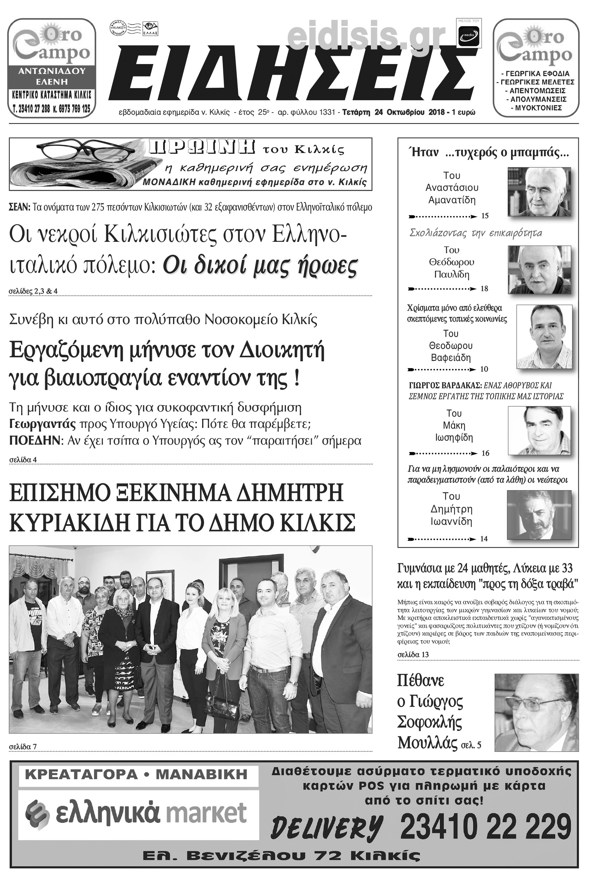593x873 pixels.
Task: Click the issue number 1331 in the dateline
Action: pyautogui.click(x=327, y=112)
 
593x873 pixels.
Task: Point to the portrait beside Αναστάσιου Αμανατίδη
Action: pyautogui.click(x=539, y=192)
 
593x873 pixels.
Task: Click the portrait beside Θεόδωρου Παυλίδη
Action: pyautogui.click(x=539, y=270)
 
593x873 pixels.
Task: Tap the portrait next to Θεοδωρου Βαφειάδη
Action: pyautogui.click(x=544, y=336)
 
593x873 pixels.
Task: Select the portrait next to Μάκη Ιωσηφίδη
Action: pyautogui.click(x=539, y=430)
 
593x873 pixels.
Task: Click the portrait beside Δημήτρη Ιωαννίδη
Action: pyautogui.click(x=539, y=514)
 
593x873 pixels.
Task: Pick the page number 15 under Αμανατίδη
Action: pyautogui.click(x=485, y=216)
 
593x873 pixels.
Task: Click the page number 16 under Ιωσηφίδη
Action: pyautogui.click(x=485, y=453)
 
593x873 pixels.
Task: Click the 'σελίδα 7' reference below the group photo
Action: pyautogui.click(x=23, y=747)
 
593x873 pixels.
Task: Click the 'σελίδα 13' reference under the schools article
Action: pyautogui.click(x=413, y=654)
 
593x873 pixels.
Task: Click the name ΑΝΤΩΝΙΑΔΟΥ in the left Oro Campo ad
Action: pyautogui.click(x=52, y=71)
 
